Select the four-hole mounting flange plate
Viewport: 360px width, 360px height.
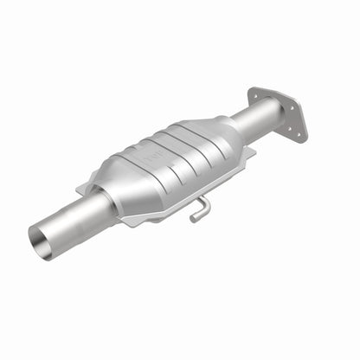point(276,112)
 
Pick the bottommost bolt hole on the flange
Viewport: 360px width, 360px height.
point(298,134)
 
